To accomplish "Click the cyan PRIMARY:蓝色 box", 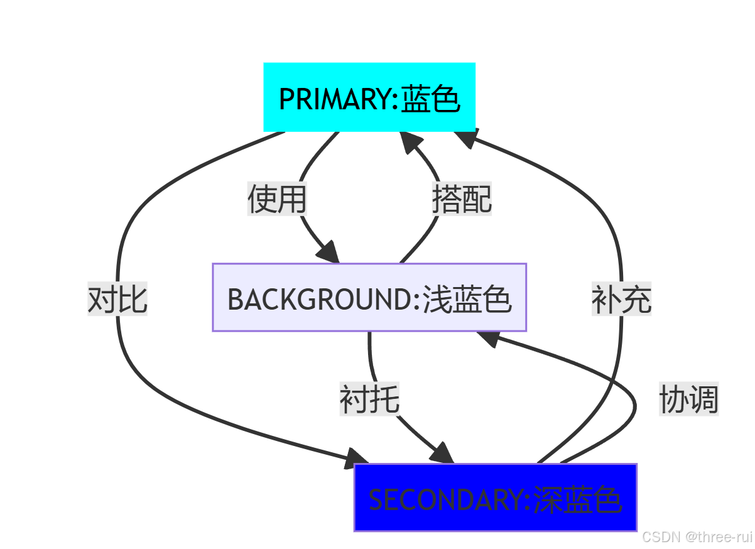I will [369, 97].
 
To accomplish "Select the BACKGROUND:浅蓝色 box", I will [369, 297].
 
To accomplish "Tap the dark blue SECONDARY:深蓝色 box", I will [496, 497].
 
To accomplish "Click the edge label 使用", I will [277, 199].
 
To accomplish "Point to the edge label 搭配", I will [462, 199].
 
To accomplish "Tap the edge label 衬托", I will [370, 399].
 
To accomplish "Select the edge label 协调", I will [688, 399].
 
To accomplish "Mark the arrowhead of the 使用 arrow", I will [329, 253].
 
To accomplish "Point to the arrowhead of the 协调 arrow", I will [489, 339].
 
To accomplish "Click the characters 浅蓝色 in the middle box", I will [467, 299].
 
